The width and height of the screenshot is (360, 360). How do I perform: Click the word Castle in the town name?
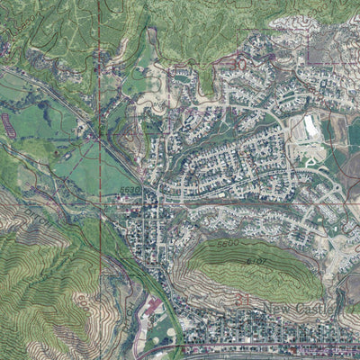pyautogui.click(x=316, y=310)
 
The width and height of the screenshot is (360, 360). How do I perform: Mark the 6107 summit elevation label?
pyautogui.click(x=256, y=261)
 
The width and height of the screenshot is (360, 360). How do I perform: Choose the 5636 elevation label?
pyautogui.click(x=130, y=190)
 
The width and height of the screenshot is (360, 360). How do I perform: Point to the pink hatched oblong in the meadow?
pyautogui.click(x=8, y=126)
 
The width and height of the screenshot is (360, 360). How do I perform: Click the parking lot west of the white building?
pyautogui.click(x=295, y=135)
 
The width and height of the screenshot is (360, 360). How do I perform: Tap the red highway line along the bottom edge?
pyautogui.click(x=270, y=348)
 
